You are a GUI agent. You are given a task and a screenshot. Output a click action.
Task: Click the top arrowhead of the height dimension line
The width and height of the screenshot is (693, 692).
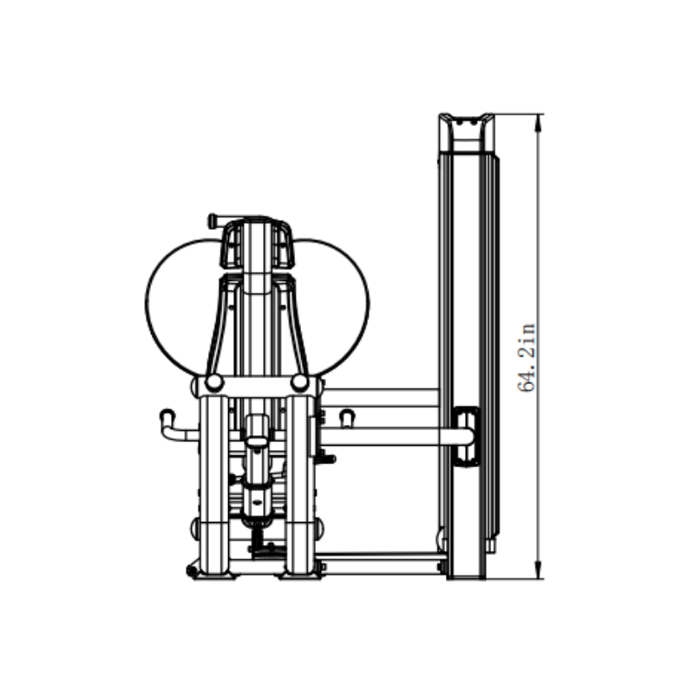pos(539,121)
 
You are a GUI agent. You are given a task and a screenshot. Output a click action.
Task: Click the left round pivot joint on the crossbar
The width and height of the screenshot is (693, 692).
pos(213,382)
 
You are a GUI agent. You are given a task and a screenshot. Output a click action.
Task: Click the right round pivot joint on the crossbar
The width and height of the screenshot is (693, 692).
pos(300,382)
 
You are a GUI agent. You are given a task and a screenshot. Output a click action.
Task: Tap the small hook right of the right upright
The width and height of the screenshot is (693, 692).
pos(347,419)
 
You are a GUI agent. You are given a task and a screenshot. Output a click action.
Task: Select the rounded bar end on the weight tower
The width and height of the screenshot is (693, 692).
pos(464,436)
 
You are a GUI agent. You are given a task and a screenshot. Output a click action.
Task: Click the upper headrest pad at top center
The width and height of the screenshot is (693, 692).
pos(258,243)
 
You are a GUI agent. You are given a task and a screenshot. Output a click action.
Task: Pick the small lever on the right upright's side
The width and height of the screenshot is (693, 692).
pos(327,458)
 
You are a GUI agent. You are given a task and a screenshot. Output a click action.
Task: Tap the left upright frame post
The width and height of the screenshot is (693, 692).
pos(213,486)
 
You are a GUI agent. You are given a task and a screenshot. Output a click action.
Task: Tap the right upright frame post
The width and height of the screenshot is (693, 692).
pos(300,486)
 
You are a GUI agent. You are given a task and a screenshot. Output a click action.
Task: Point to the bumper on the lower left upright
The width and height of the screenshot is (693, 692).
pos(195,526)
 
